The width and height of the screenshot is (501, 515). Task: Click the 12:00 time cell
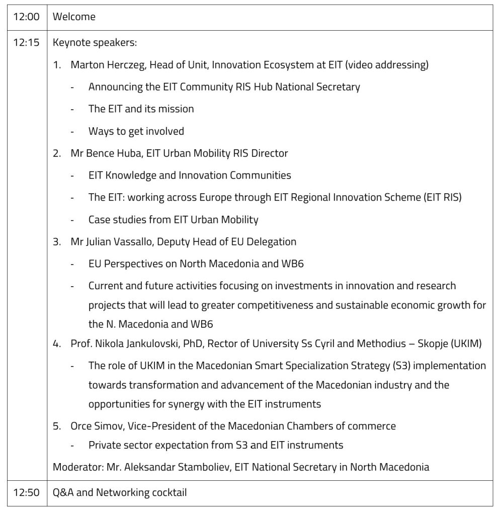(x=26, y=17)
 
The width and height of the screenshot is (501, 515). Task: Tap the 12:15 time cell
(x=26, y=43)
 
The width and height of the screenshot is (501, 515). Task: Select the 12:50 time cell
(x=26, y=492)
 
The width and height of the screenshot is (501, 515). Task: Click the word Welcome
(x=74, y=17)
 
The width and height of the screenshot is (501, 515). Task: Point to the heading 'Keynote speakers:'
(x=95, y=43)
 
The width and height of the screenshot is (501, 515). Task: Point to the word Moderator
(x=77, y=467)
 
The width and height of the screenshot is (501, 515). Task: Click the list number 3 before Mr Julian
(x=57, y=241)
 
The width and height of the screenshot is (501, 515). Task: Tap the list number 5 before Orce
(x=57, y=426)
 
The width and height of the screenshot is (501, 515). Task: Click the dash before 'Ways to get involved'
(x=73, y=131)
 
